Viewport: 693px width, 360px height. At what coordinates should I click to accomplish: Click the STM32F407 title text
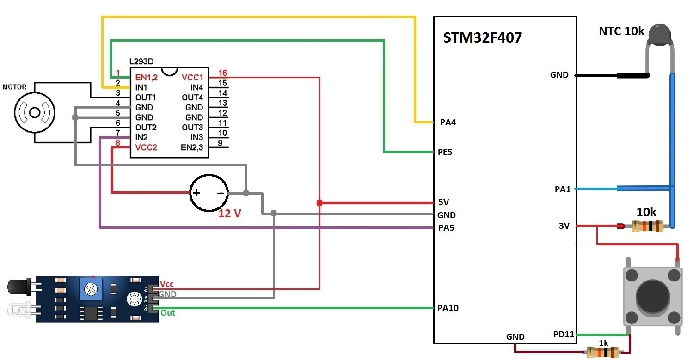pos(483,37)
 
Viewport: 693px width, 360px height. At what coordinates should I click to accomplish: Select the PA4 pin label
pos(448,122)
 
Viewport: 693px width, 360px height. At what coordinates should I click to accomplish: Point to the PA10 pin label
pos(448,308)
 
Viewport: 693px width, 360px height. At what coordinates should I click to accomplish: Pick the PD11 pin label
pos(564,335)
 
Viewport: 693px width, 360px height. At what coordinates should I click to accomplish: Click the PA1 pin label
pos(563,189)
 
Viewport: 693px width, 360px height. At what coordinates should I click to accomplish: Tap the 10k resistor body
pos(647,226)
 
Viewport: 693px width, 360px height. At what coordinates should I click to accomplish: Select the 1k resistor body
pos(603,353)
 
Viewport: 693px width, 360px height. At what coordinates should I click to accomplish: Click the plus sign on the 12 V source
pos(196,193)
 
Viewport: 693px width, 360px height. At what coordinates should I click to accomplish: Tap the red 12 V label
pos(230,214)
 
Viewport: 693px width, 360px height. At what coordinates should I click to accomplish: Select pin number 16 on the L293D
pos(222,73)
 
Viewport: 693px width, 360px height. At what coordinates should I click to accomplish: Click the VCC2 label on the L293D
pos(147,147)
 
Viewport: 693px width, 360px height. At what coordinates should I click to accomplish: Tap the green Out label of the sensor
pos(168,313)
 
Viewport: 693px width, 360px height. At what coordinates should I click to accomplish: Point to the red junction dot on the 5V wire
pos(319,203)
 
